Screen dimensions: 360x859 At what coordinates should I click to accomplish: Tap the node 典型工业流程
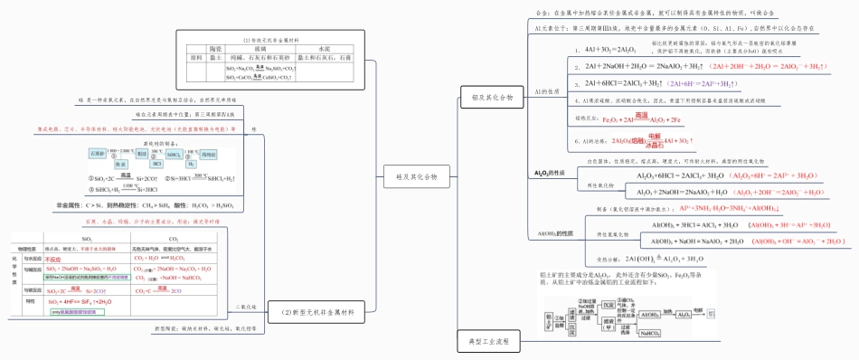[x=488, y=341]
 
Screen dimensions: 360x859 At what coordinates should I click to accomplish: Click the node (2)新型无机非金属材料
[x=315, y=313]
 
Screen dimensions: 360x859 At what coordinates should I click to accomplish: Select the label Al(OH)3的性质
[x=556, y=233]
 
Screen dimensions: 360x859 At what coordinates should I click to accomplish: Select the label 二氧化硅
[x=246, y=307]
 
